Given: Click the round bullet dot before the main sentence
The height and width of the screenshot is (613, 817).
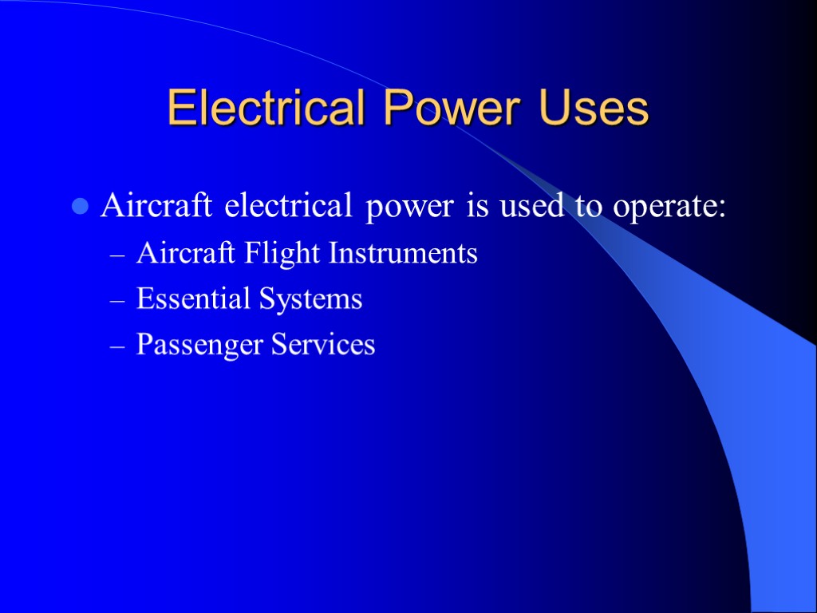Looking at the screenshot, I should tap(79, 207).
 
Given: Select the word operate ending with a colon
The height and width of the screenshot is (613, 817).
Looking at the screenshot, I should tap(669, 208).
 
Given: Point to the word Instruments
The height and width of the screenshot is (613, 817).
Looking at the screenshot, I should tap(403, 254).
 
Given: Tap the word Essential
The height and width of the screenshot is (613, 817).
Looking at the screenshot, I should tap(192, 299).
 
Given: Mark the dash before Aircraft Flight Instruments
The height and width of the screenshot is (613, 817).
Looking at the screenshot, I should tap(116, 255).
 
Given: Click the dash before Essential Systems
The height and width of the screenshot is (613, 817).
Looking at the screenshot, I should tap(116, 301).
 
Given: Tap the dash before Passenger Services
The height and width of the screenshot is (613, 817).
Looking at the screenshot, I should tap(116, 346).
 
